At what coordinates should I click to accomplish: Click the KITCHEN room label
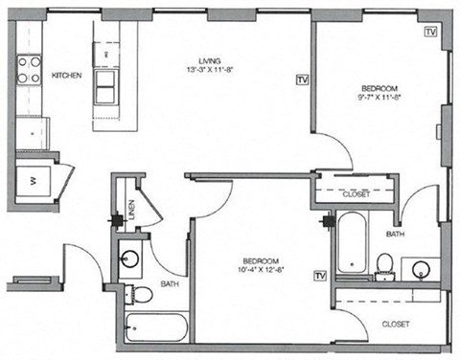(x=66, y=75)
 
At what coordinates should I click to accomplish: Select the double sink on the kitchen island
(x=105, y=84)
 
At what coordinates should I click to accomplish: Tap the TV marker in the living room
(x=304, y=79)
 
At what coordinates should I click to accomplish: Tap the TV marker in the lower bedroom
(x=320, y=276)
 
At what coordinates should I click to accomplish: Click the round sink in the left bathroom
(x=131, y=258)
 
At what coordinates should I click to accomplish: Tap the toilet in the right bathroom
(x=384, y=262)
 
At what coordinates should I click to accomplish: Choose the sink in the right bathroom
(x=421, y=270)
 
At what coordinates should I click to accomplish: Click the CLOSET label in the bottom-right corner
(x=395, y=324)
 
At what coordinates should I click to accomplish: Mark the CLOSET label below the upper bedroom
(x=356, y=193)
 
